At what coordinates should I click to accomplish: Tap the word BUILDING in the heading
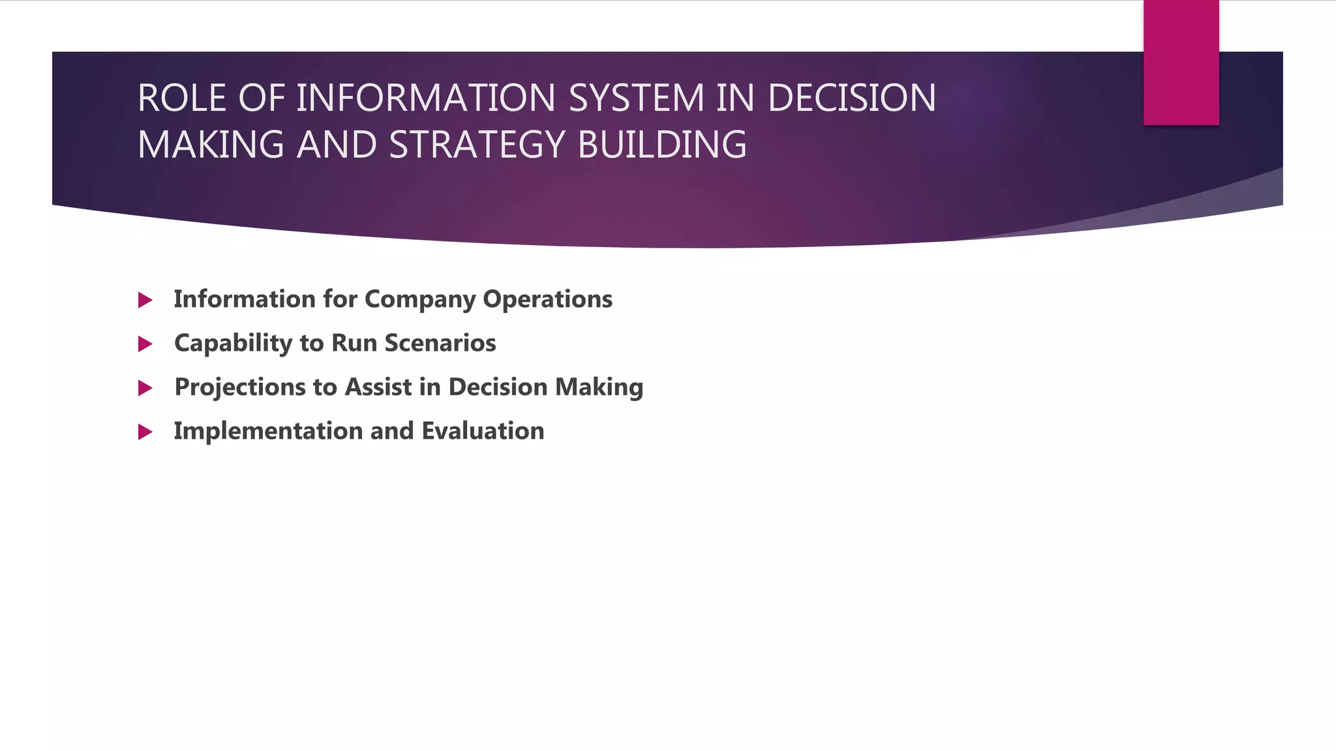point(661,145)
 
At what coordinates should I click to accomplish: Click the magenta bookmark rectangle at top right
point(1181,63)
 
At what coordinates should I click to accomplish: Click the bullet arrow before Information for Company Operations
point(145,301)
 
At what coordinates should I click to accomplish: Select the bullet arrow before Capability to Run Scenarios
point(145,344)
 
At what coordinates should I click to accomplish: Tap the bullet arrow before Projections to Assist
point(145,389)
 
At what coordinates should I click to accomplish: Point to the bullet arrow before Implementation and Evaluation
point(145,432)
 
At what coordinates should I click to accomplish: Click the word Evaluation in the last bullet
point(483,431)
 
